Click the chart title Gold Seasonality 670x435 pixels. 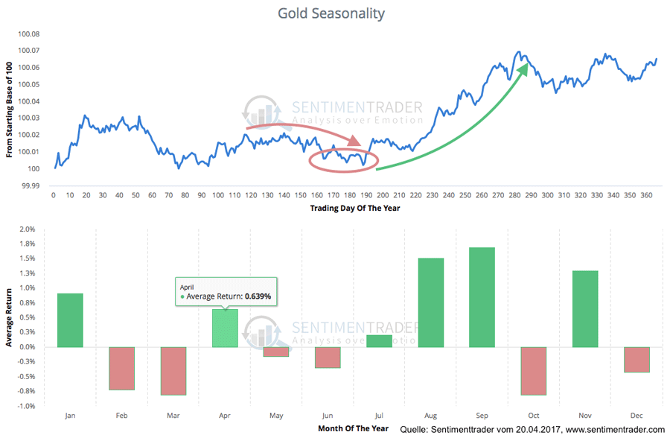tap(331, 13)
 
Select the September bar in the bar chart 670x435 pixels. tap(482, 297)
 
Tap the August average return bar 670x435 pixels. tap(431, 302)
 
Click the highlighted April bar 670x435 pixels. tap(226, 328)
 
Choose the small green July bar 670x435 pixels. tap(379, 340)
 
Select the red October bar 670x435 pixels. tap(533, 370)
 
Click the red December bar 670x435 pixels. tap(636, 359)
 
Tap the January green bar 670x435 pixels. tap(70, 320)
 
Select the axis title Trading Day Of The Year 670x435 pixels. tap(355, 208)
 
